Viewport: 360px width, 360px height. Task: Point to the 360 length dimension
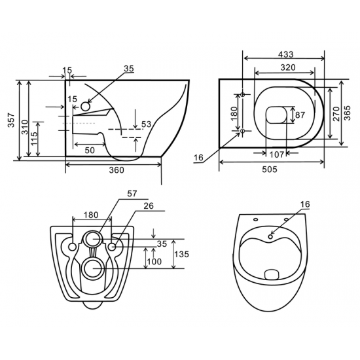115,171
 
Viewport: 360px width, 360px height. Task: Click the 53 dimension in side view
146,124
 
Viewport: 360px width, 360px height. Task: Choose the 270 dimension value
336,115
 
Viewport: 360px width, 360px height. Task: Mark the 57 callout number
132,194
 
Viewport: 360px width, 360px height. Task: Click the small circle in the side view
84,105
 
